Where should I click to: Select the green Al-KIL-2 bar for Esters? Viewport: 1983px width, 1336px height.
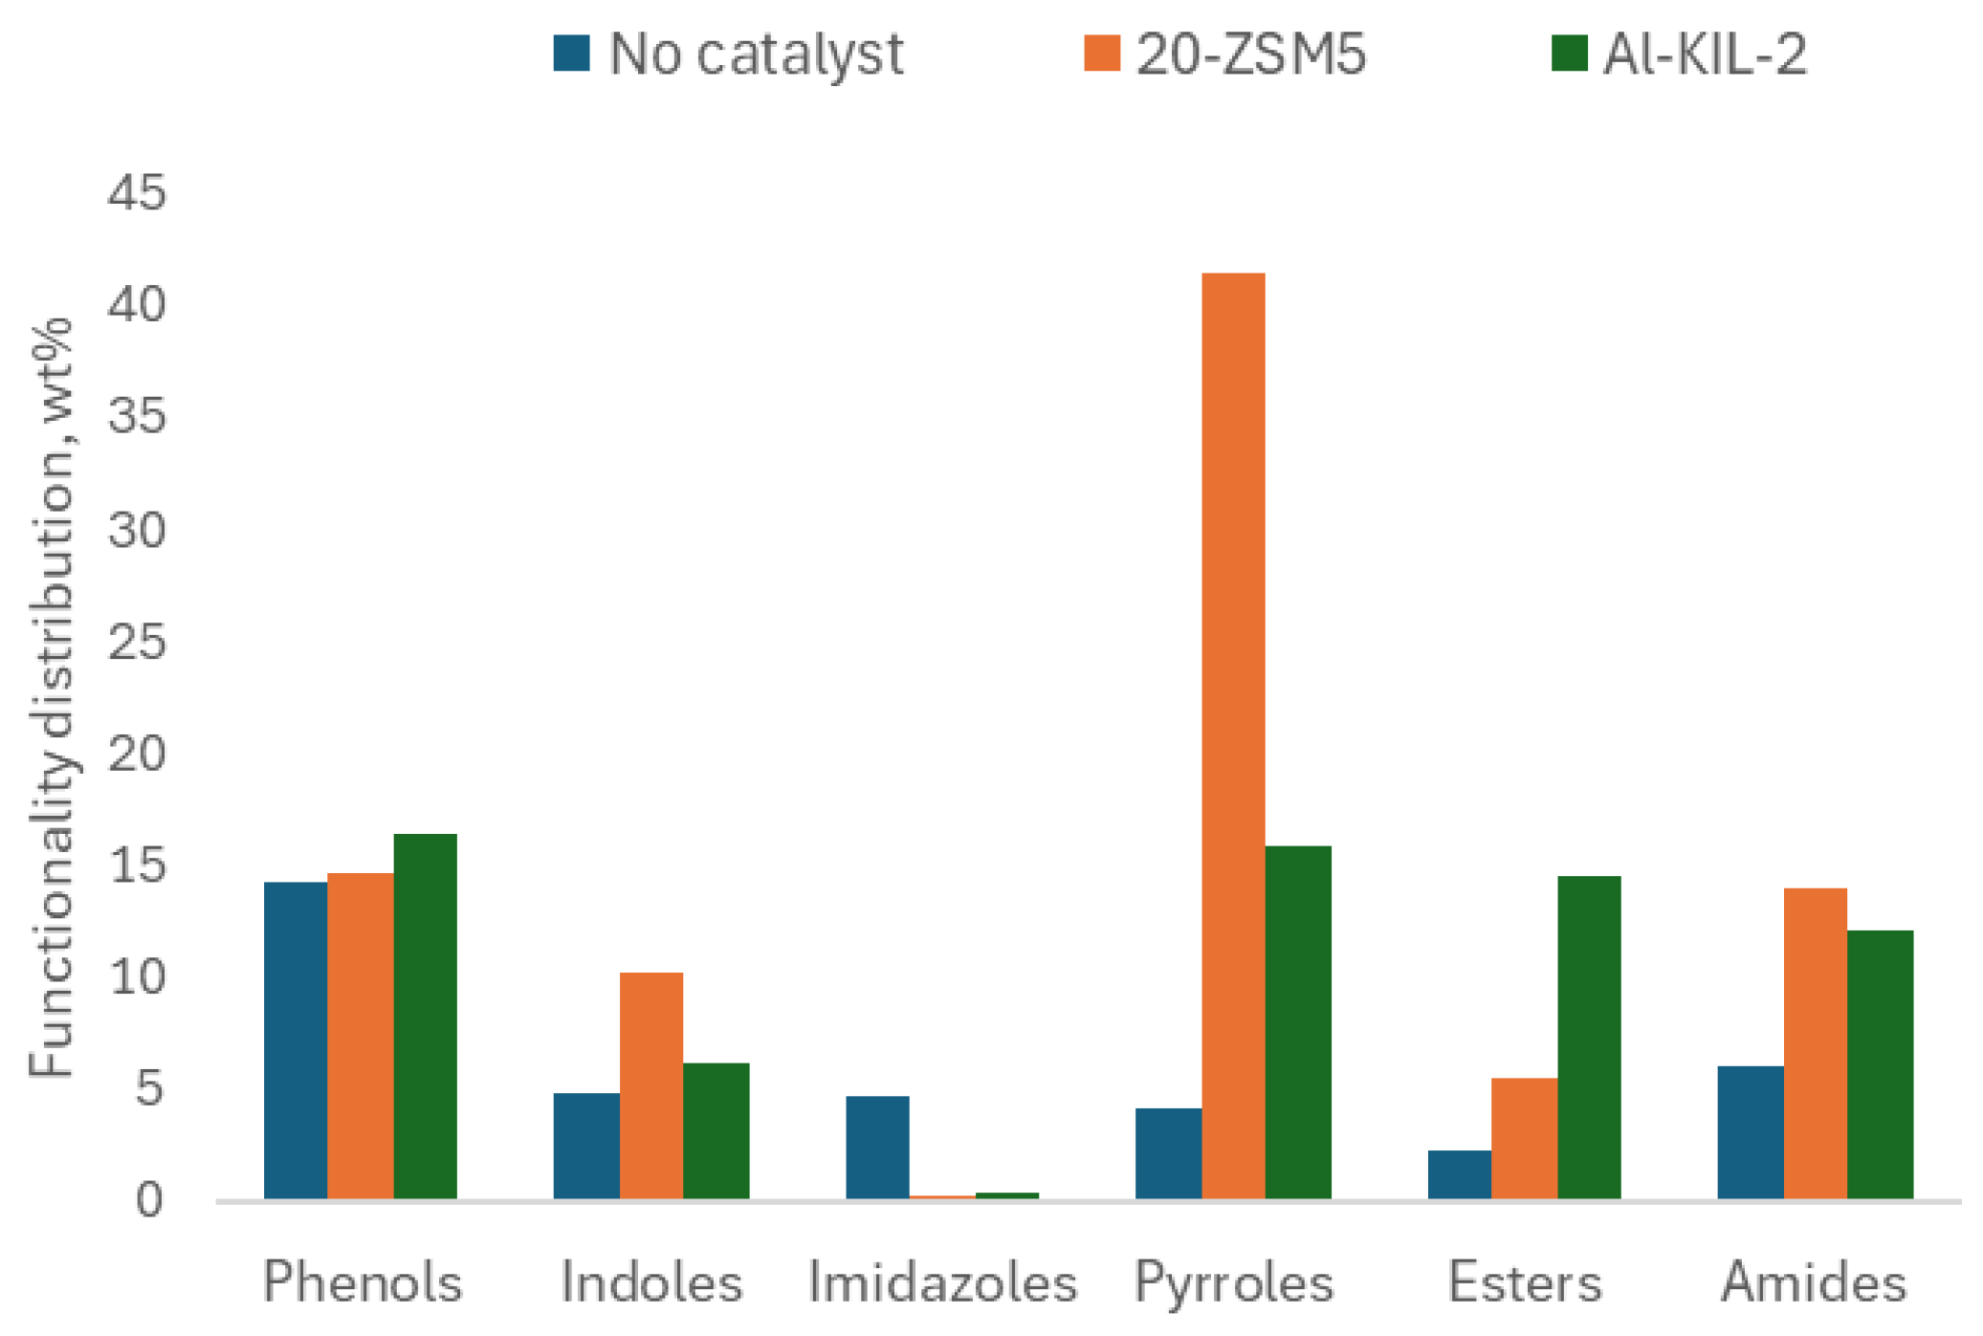[1588, 1037]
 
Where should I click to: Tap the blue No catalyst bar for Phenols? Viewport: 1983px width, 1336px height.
[296, 1040]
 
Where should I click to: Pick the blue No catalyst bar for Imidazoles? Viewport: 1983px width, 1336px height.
[877, 1147]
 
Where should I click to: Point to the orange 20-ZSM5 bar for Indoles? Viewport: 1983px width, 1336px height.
[650, 1084]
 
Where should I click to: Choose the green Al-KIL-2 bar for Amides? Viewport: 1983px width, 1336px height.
[1879, 1063]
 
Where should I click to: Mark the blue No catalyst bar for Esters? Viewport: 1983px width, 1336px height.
[1459, 1173]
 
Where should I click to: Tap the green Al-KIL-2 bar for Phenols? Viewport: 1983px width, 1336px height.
[425, 1016]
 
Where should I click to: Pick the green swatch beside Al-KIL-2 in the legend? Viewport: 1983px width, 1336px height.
[1569, 54]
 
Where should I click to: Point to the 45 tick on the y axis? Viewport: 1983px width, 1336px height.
[137, 192]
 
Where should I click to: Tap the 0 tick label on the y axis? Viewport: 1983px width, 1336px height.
[148, 1200]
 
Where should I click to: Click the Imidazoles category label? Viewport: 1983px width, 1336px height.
[942, 1282]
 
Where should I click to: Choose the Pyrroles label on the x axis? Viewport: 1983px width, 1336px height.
[1233, 1282]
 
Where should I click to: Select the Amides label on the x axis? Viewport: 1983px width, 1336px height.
[1814, 1282]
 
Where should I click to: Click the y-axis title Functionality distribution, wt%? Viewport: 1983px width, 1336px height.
[52, 698]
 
